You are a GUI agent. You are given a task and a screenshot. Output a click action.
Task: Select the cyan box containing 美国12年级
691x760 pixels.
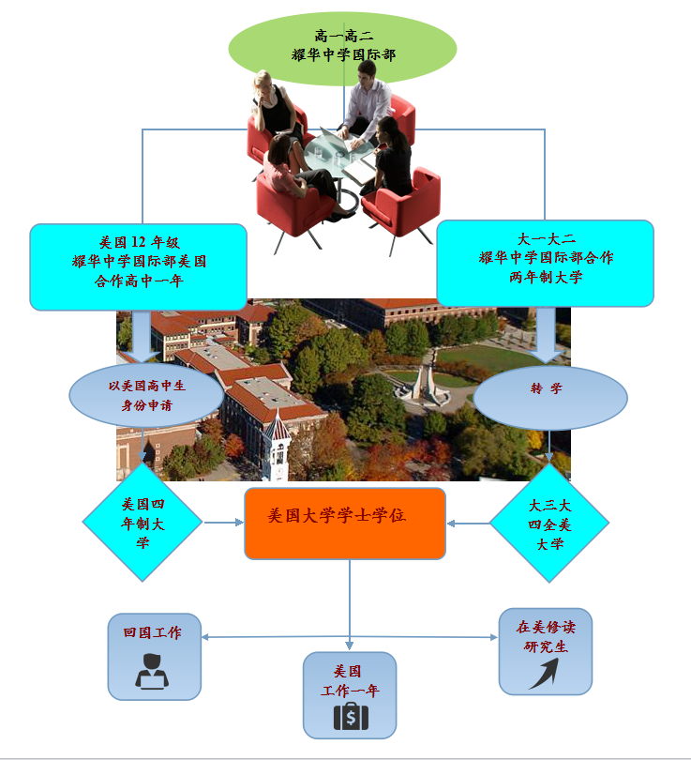[138, 266]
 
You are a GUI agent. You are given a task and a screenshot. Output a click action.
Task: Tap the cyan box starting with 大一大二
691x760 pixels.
[545, 263]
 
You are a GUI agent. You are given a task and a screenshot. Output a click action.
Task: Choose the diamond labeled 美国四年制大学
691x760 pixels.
[143, 523]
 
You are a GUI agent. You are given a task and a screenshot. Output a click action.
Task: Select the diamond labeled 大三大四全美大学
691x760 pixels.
[549, 524]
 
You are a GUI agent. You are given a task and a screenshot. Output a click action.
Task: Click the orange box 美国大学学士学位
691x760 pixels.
[344, 523]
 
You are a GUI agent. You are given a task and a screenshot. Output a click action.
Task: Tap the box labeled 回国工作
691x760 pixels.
[154, 656]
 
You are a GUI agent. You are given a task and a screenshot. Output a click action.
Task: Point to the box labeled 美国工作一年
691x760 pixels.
[349, 694]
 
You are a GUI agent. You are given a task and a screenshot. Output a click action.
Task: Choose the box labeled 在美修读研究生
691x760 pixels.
[545, 650]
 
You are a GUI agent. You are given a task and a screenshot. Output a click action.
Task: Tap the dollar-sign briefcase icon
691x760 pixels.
[351, 717]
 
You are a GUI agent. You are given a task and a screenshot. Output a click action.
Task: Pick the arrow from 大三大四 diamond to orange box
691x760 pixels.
[468, 523]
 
